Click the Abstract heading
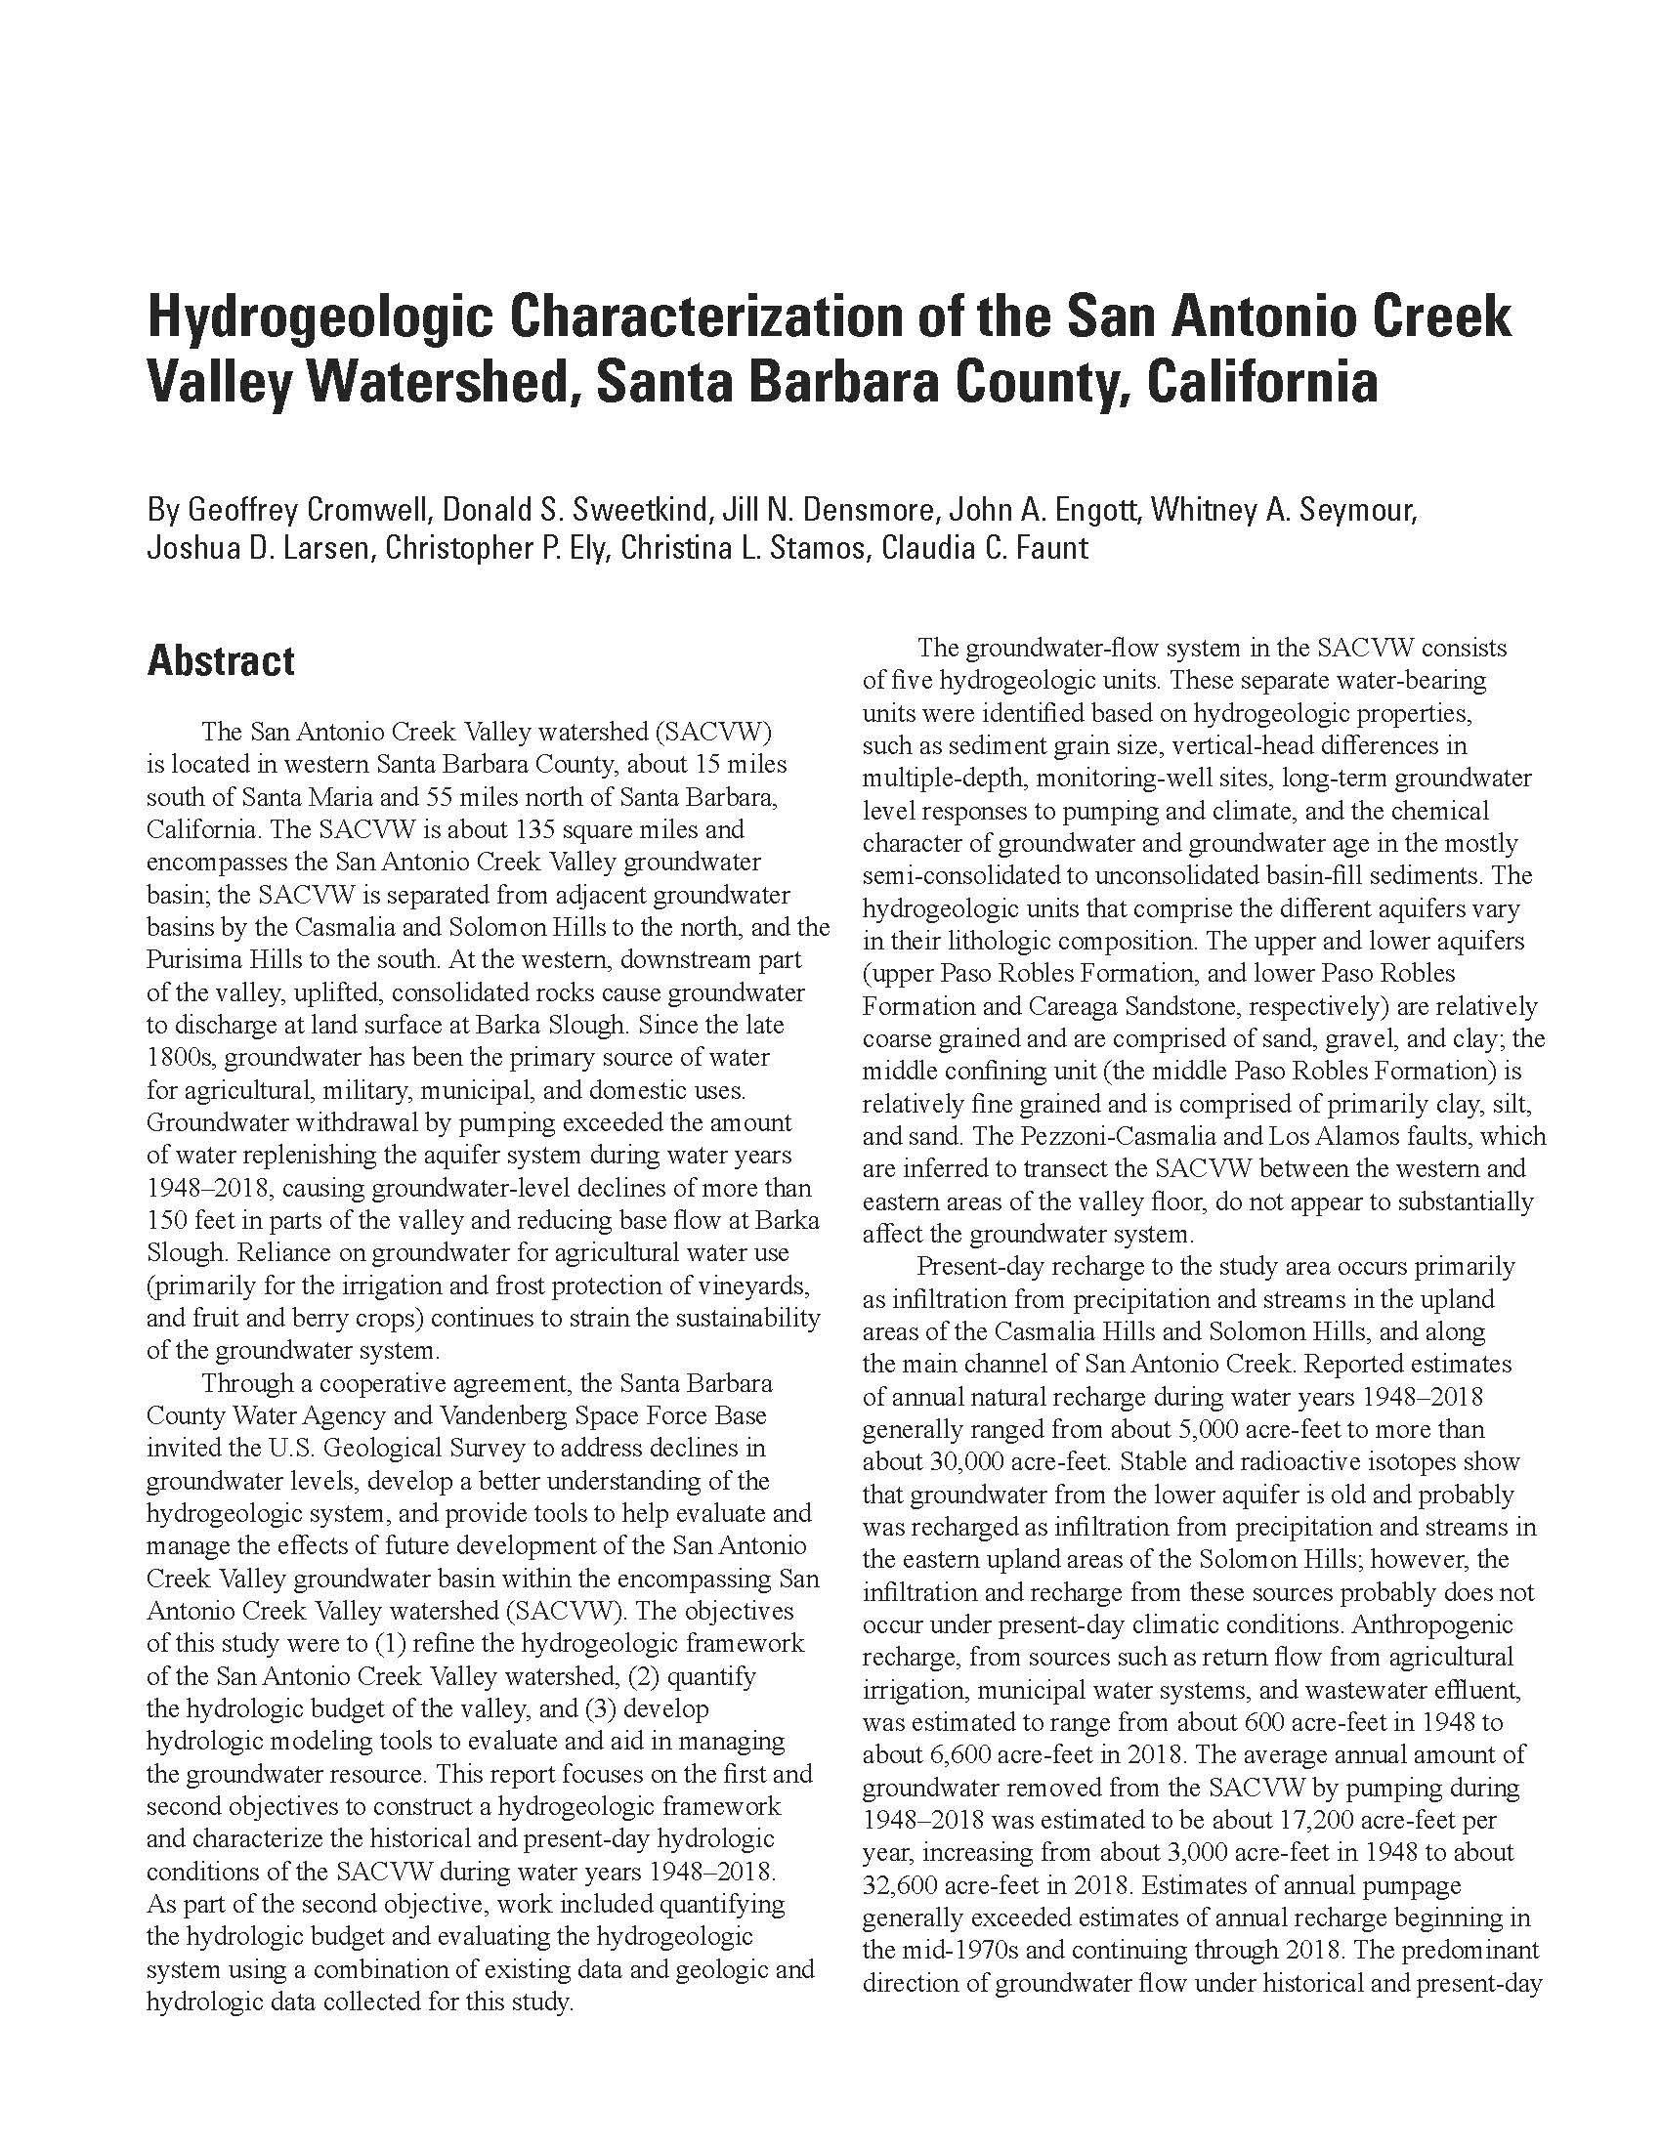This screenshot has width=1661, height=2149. (x=221, y=660)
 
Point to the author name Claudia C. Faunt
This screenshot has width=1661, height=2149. (x=985, y=547)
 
